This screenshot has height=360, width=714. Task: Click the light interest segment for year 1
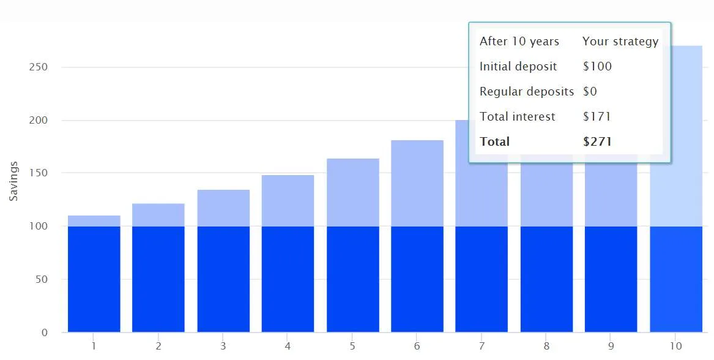click(94, 221)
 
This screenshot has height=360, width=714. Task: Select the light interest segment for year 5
click(352, 192)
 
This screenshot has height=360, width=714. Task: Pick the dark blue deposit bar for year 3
click(223, 279)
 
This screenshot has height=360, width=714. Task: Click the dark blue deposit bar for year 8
click(546, 279)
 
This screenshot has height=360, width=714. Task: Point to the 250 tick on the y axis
click(39, 67)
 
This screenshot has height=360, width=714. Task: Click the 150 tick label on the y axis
click(39, 173)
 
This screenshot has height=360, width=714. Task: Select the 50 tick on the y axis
click(40, 279)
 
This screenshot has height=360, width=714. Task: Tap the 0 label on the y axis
click(45, 332)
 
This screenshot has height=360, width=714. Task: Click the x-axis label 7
click(482, 346)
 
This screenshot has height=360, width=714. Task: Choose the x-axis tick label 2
click(158, 346)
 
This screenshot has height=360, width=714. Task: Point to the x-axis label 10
click(675, 346)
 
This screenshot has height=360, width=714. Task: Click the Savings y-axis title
click(13, 181)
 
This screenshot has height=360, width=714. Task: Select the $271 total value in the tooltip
click(597, 142)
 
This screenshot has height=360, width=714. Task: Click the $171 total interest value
click(597, 116)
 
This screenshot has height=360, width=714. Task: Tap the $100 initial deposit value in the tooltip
click(597, 66)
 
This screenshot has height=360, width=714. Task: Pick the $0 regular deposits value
click(590, 91)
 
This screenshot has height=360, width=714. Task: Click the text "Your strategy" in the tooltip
click(620, 41)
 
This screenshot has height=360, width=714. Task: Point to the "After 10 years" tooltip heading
click(519, 41)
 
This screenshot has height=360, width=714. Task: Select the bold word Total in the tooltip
click(494, 142)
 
